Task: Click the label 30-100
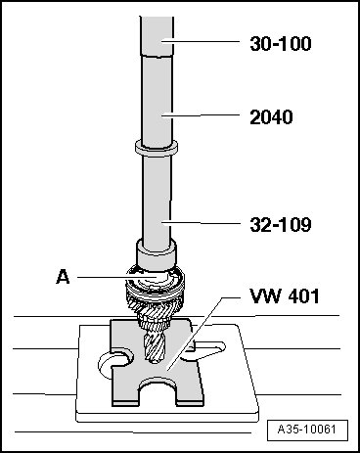click(x=281, y=43)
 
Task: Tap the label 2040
click(x=271, y=117)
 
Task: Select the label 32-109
click(x=281, y=225)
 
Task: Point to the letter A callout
click(x=63, y=277)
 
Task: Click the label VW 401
click(x=285, y=296)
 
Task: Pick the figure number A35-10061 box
click(x=307, y=430)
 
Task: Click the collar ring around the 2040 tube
click(x=157, y=147)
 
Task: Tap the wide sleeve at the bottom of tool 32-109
click(x=157, y=254)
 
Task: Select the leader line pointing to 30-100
click(x=201, y=41)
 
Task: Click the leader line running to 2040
click(x=201, y=114)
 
